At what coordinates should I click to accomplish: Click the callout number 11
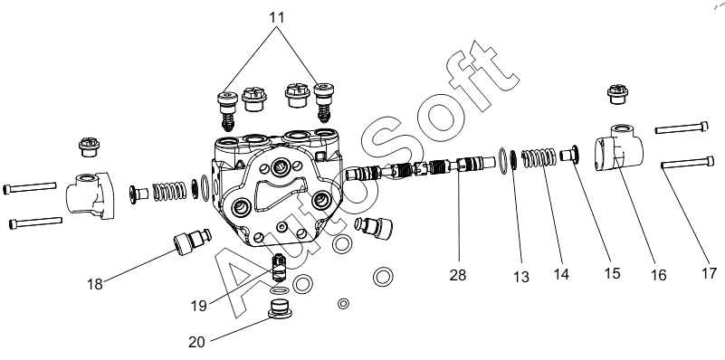[x=276, y=17]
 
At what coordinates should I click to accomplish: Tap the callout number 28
[x=458, y=275]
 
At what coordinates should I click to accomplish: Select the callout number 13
[x=520, y=277]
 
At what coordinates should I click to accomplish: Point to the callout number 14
[x=561, y=274]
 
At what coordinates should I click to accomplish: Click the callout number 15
[x=611, y=273]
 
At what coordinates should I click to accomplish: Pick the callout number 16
[x=658, y=275]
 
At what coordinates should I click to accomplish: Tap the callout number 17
[x=709, y=273]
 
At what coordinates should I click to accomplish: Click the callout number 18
[x=95, y=284]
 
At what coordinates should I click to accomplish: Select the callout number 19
[x=199, y=306]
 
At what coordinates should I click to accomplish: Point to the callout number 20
[x=196, y=343]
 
